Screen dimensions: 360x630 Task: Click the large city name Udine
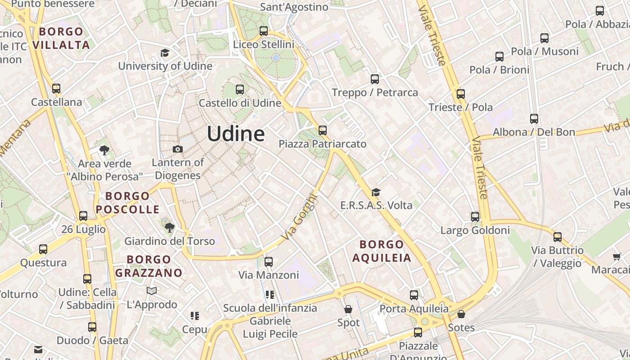click(236, 134)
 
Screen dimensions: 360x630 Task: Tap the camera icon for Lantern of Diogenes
click(178, 149)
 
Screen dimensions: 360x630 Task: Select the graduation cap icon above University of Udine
click(165, 53)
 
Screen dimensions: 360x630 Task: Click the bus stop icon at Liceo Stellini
click(264, 31)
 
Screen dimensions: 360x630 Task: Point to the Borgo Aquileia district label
click(382, 251)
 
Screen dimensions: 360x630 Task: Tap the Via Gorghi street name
click(299, 216)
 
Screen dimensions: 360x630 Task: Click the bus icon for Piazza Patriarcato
click(323, 130)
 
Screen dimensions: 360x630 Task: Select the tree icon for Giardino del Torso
click(169, 228)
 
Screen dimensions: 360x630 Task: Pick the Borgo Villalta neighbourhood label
click(61, 38)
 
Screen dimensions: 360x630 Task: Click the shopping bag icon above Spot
click(348, 309)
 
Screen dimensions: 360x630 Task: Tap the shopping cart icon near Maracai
click(616, 256)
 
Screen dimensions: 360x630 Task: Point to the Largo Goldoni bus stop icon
click(475, 217)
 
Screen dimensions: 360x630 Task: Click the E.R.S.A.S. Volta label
click(376, 206)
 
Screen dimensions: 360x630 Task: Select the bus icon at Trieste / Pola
click(460, 94)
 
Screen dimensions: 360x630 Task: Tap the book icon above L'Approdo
click(152, 291)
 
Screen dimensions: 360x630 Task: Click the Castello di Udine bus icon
click(240, 90)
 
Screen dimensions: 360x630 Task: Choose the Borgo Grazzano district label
click(149, 266)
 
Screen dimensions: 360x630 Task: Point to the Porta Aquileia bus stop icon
click(414, 295)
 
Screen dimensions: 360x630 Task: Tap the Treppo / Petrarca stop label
click(375, 93)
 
